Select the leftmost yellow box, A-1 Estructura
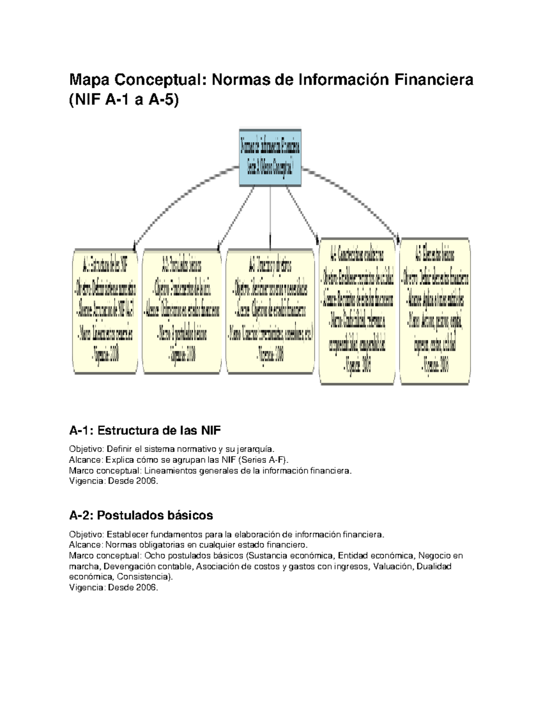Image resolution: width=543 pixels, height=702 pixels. pos(105,311)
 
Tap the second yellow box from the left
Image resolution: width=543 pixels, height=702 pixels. pos(182,311)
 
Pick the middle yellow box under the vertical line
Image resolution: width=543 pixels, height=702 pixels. pos(270,311)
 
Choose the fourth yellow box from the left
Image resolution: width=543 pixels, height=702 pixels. pos(357,311)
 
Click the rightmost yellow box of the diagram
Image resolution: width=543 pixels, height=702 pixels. pos(435,311)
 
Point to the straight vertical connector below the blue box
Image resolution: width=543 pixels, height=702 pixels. pos(270,217)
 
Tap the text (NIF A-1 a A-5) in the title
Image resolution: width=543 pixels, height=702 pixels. pos(124,99)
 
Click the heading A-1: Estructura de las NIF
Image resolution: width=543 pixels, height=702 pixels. pos(145,430)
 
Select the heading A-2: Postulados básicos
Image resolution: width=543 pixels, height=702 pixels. pos(141,515)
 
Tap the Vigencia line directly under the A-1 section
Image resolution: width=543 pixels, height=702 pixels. pos(114,481)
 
